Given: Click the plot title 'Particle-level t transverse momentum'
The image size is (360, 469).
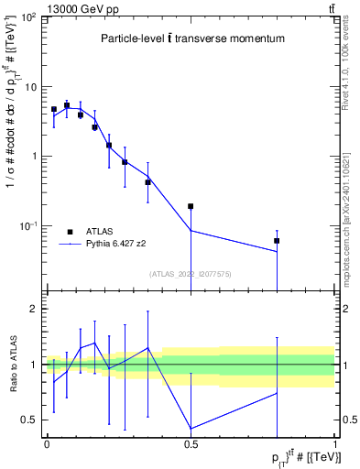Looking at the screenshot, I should point(191,39).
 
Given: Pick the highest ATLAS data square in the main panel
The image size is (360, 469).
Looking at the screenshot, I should point(67,105).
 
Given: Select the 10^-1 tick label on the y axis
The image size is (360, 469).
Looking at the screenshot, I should point(28,225).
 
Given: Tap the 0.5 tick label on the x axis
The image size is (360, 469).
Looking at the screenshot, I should point(191,443).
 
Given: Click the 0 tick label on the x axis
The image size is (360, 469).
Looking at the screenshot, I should point(47,443).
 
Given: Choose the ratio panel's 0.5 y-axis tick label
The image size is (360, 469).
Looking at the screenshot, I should point(30,420).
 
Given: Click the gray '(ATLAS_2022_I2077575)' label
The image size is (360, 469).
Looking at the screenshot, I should point(190,273).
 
